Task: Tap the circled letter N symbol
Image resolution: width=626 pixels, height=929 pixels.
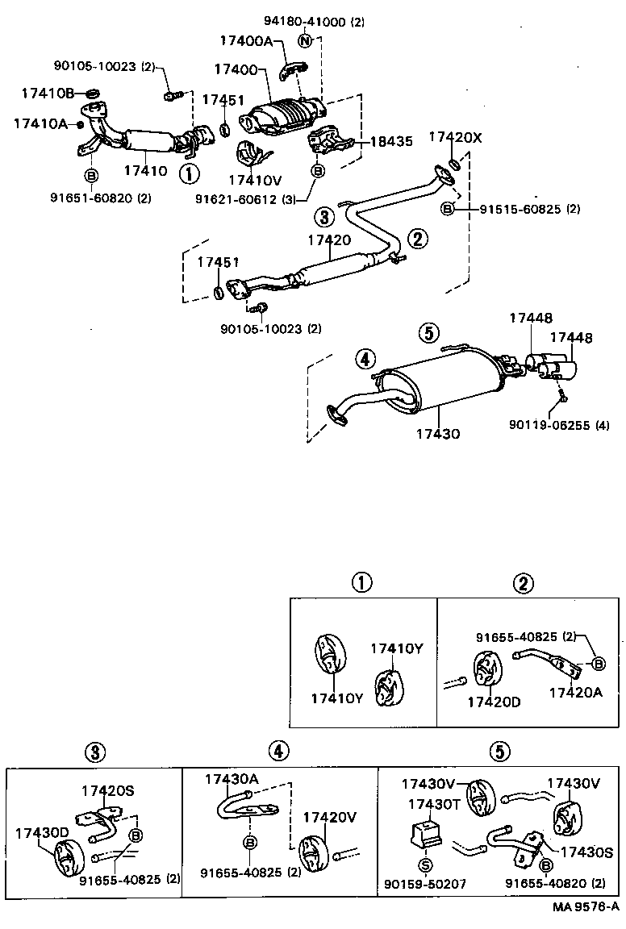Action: coord(305,40)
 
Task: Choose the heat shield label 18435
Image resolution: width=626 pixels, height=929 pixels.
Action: coord(391,141)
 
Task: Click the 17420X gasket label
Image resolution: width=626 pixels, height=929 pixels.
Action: coord(455,138)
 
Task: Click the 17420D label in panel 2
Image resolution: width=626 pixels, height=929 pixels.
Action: coord(494,702)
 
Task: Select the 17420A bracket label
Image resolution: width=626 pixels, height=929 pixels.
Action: coord(575,692)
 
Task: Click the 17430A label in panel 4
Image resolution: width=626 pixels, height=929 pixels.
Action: coord(232,779)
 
